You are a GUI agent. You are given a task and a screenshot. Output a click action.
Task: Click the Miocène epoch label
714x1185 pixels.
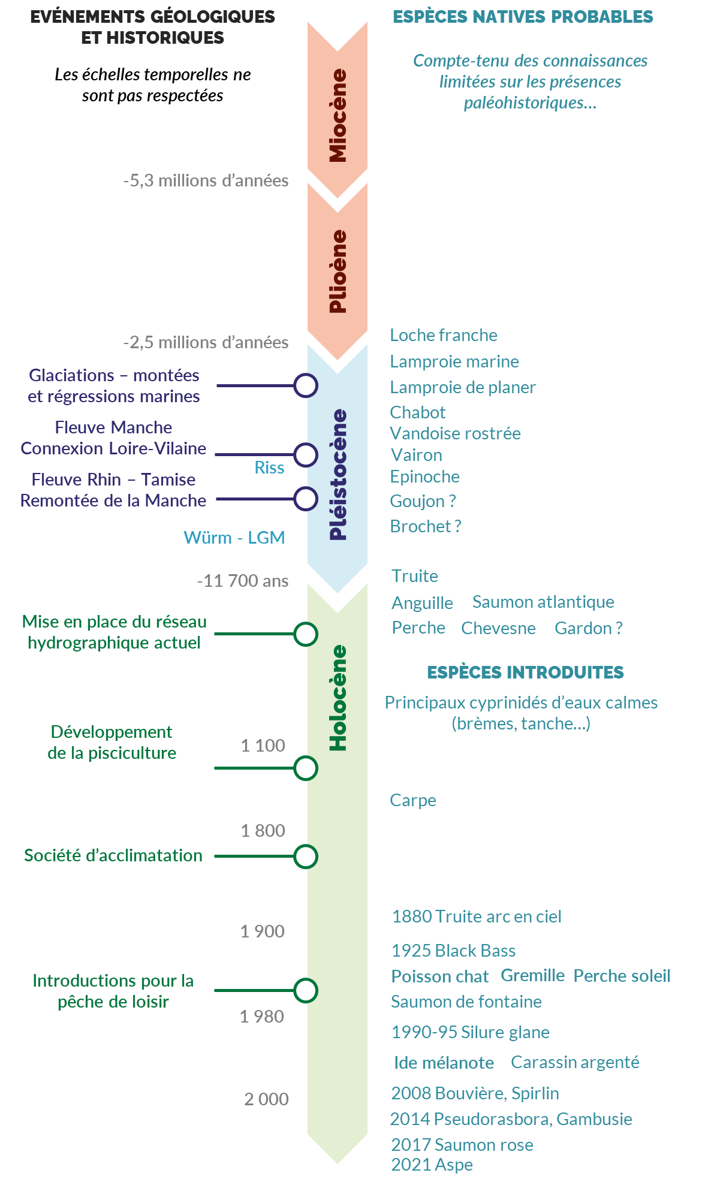(x=338, y=116)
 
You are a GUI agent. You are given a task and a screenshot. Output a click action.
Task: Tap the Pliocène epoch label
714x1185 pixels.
(x=338, y=271)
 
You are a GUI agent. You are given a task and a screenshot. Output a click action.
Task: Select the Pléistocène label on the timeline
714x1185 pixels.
(x=338, y=475)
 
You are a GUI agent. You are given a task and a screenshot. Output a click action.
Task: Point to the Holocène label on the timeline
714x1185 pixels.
(x=338, y=698)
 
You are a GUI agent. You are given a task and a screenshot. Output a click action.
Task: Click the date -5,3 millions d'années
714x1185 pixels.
(x=206, y=180)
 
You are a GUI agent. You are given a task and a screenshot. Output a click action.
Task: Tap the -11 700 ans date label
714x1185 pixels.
(x=243, y=581)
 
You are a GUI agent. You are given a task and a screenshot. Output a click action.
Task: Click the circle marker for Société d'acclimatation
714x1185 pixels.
(x=306, y=857)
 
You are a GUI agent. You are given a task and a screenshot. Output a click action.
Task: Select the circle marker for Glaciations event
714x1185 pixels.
(x=306, y=385)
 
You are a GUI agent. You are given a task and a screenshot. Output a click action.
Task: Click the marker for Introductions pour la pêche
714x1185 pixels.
(x=306, y=990)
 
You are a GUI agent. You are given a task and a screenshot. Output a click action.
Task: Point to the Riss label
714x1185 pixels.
(x=269, y=468)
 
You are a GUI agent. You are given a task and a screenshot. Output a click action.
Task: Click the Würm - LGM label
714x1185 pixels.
(x=234, y=538)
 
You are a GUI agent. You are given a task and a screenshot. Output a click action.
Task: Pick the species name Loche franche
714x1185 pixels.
(x=444, y=335)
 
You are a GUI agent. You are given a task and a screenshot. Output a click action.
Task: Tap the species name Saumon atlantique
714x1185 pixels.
(x=543, y=602)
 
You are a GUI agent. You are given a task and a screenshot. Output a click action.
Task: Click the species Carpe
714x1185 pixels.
(x=413, y=800)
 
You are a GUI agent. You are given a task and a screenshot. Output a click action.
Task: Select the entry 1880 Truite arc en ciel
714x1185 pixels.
(x=477, y=916)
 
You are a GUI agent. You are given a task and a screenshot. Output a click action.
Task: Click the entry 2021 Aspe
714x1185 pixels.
(x=432, y=1165)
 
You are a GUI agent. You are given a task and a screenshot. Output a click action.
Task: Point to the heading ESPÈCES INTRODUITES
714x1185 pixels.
(x=525, y=673)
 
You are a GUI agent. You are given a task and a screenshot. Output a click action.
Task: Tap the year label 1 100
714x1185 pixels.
(x=263, y=746)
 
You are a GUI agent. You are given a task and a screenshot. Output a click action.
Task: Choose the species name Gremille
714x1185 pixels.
(x=532, y=976)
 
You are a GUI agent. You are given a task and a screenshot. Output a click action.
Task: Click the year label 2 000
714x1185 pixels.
(x=266, y=1099)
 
